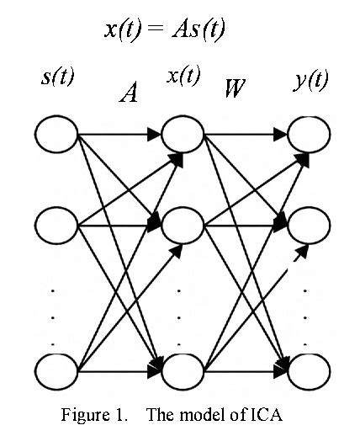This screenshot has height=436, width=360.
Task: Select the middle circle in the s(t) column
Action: coord(56,226)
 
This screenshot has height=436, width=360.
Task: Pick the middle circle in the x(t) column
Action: coord(183,226)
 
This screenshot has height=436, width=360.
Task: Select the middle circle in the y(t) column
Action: coord(309,226)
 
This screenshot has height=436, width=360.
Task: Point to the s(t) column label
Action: coord(58,78)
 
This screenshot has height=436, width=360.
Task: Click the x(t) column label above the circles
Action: coord(183,76)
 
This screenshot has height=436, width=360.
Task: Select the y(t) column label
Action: coord(312,81)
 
